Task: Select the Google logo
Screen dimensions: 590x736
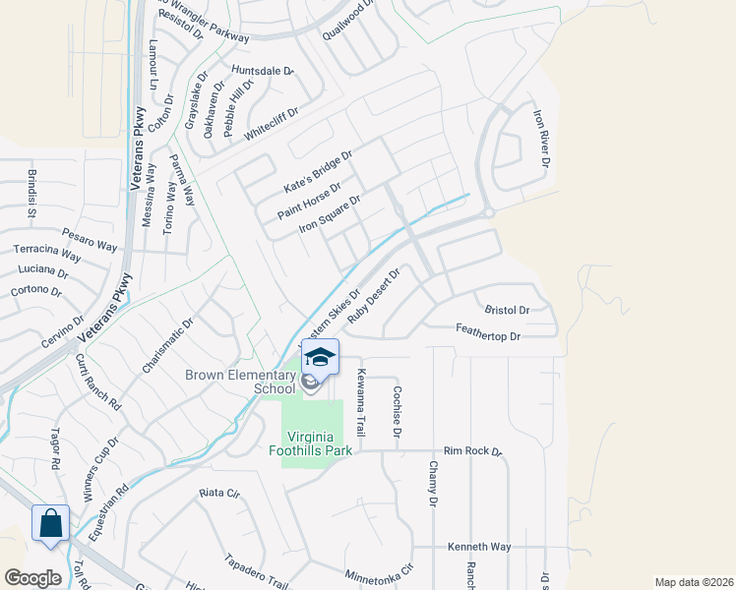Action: pos(33,577)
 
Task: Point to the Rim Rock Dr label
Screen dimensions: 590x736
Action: pos(472,451)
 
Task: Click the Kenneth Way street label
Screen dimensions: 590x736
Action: pos(479,546)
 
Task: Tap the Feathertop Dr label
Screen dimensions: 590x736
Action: pos(487,336)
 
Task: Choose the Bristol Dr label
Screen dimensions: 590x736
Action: pos(508,310)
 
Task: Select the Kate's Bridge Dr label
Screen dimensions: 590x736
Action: pos(317,172)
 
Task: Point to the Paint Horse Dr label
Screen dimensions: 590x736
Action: pos(308,201)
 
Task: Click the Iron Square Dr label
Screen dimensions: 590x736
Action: pos(330,214)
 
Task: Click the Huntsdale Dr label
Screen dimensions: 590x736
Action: pos(263,71)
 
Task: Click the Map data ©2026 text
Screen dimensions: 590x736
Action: pos(693,582)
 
